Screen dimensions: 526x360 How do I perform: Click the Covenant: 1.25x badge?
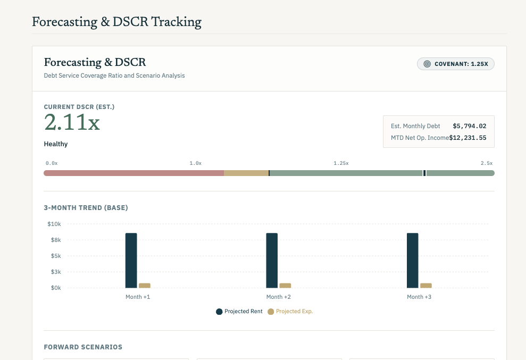tap(456, 64)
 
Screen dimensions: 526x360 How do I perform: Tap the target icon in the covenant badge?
tap(427, 64)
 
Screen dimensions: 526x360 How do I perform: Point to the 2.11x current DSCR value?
tap(72, 122)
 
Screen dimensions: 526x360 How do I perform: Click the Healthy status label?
tap(56, 144)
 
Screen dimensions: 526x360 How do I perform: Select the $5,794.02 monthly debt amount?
tap(469, 126)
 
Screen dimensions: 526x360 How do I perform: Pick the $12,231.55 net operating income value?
tap(467, 138)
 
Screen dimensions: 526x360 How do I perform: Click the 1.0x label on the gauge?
tap(196, 163)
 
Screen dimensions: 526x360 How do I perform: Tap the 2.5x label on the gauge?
tap(487, 163)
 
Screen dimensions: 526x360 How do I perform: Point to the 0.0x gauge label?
tap(52, 163)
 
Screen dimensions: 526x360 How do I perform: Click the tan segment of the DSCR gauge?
tap(246, 173)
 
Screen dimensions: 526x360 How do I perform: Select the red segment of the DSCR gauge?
tap(134, 173)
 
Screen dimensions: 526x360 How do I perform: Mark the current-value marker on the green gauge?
tap(424, 173)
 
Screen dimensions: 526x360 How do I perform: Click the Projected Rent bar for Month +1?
tap(131, 261)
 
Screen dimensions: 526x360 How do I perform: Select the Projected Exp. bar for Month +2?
tap(285, 286)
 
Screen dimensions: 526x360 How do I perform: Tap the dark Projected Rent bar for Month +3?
tap(413, 261)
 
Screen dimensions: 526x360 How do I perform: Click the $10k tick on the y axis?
tap(54, 224)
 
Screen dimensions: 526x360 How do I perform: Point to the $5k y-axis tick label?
tap(56, 256)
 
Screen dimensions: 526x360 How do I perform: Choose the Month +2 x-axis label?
tap(279, 297)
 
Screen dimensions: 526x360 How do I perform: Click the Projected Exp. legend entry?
tap(290, 312)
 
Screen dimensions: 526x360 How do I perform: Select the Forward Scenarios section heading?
tap(83, 347)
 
